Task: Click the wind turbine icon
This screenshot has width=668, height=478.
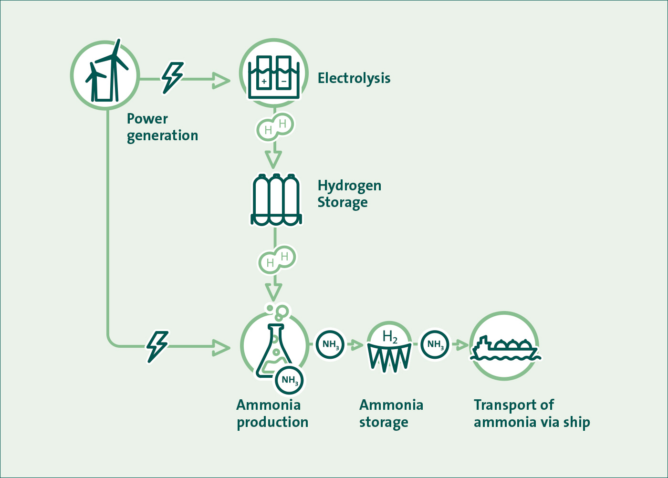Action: pos(105,75)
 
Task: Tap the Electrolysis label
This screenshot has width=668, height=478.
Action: pos(354,78)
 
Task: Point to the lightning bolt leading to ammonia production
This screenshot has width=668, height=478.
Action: pos(157,346)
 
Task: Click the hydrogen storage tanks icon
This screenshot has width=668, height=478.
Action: pos(276,200)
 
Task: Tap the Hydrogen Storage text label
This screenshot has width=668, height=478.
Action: pos(349,194)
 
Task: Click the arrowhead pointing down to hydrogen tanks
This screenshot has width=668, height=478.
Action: pos(273,159)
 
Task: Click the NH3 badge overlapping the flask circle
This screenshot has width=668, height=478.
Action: pos(289,380)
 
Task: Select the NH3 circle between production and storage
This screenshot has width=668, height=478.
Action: pos(330,344)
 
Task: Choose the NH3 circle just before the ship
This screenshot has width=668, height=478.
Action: pos(435,344)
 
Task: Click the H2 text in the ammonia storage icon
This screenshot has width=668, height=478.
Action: pos(390,337)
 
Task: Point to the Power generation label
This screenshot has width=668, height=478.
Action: pos(162,127)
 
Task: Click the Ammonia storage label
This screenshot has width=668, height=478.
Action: pos(391,413)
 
